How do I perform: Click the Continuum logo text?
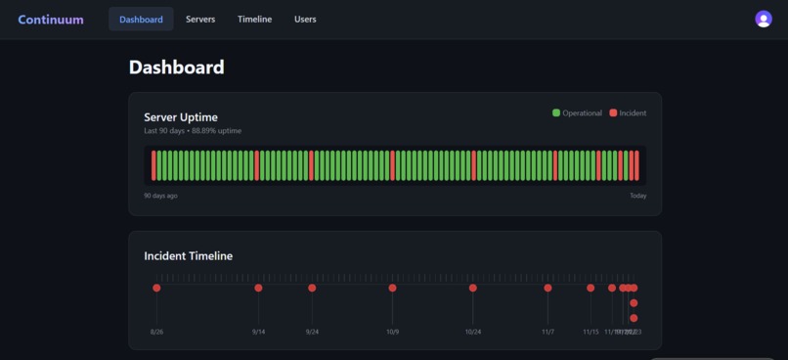tap(51, 20)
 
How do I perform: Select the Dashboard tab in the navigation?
tap(141, 20)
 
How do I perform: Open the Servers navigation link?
tap(200, 20)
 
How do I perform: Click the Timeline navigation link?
tap(254, 20)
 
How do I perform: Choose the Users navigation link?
tap(305, 20)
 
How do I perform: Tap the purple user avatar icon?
tap(764, 20)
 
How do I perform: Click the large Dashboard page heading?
tap(177, 67)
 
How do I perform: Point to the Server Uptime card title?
tap(181, 117)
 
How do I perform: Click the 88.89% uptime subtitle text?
tap(193, 131)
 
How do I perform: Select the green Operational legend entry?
tap(577, 113)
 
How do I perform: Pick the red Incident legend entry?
tap(628, 113)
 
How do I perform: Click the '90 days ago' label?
tap(161, 196)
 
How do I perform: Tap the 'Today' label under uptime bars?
tap(637, 196)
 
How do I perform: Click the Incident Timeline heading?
tap(189, 256)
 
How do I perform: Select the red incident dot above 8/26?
tap(156, 288)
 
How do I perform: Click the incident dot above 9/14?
tap(258, 288)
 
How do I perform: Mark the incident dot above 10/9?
tap(392, 288)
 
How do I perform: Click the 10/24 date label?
tap(473, 332)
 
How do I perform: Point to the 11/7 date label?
tap(547, 332)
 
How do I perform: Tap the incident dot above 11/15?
tap(591, 288)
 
